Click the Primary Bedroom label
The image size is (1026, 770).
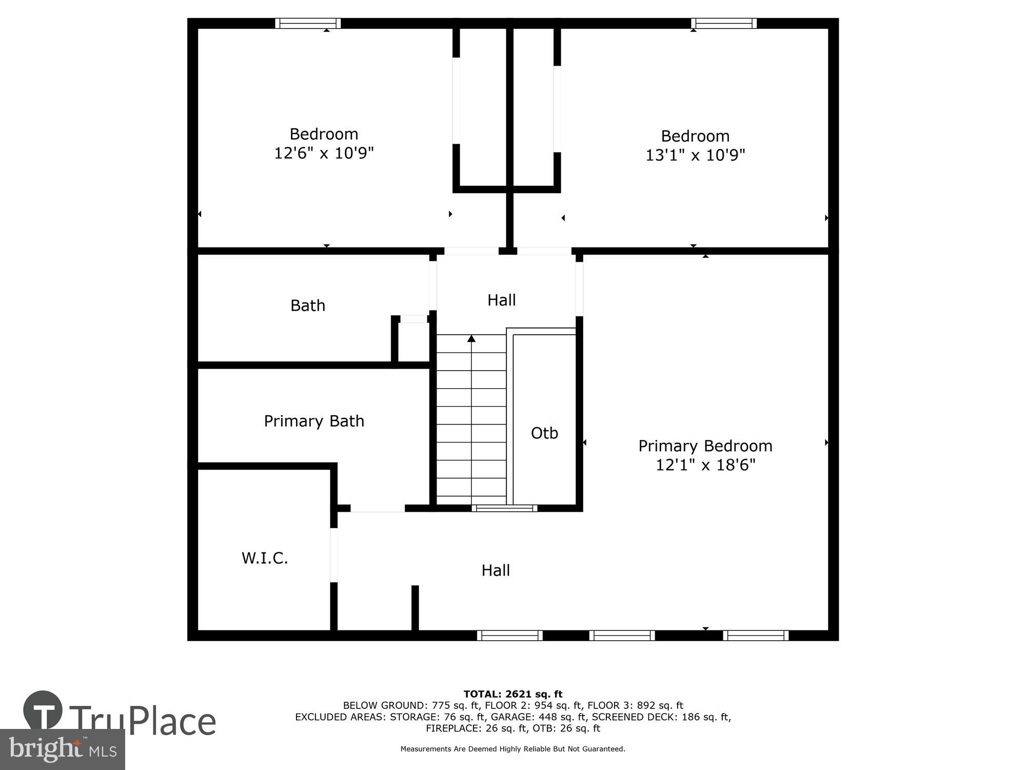705,446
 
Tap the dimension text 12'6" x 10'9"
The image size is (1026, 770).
324,153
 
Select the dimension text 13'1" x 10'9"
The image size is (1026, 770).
695,155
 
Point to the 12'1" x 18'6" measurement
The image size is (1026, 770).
705,465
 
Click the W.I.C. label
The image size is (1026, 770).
265,558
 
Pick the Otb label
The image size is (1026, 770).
544,433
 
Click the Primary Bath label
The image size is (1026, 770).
314,421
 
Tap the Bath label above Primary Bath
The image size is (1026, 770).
308,305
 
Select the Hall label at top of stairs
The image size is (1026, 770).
501,300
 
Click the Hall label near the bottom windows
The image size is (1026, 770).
496,570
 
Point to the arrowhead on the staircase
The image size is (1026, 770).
471,338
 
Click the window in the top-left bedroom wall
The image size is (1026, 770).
308,23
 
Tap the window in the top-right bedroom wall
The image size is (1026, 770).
724,23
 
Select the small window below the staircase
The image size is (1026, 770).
504,508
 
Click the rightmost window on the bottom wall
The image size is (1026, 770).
756,636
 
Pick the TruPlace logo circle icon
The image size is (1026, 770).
43,711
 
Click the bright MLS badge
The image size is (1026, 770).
62,749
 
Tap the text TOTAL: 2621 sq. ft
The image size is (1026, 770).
513,694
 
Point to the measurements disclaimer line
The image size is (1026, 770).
513,749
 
